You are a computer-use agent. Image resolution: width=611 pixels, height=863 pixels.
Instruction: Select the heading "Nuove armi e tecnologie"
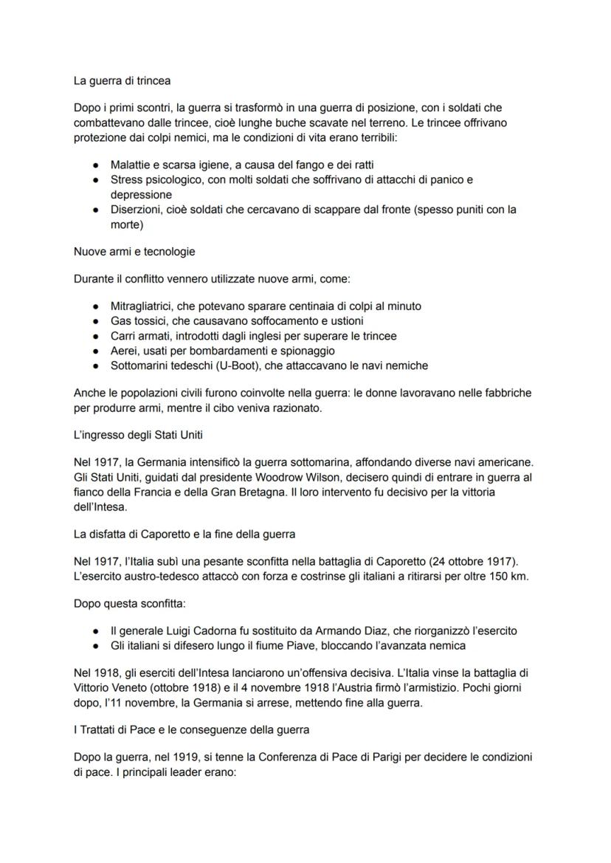(134, 252)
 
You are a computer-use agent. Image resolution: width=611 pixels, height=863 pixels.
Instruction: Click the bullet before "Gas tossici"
(96, 321)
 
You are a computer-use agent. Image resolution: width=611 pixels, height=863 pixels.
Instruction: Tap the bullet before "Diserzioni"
(96, 210)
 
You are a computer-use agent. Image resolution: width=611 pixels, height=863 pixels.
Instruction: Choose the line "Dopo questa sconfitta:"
(130, 603)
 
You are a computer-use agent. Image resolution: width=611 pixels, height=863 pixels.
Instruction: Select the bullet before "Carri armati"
(96, 336)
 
